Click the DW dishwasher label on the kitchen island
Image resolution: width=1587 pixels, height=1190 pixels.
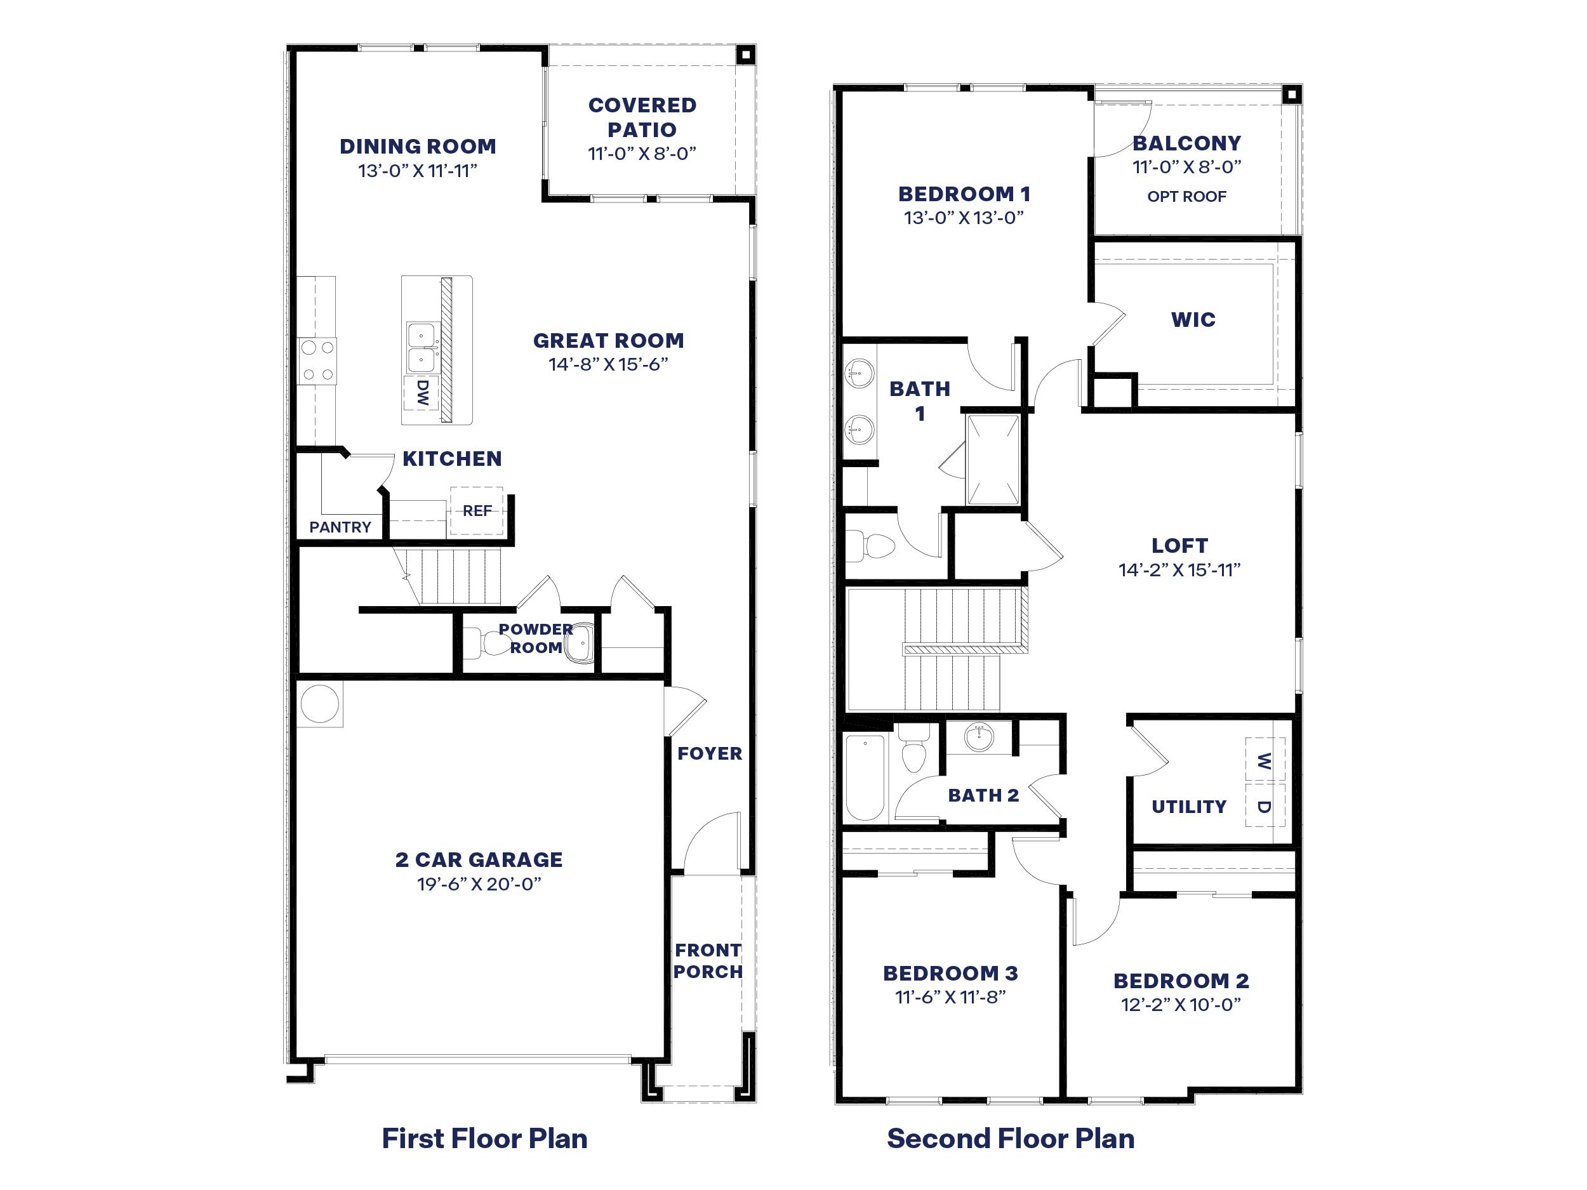pos(422,392)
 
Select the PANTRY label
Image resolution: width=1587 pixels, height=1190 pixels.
pos(340,527)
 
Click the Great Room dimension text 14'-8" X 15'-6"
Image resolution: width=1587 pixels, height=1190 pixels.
pos(608,364)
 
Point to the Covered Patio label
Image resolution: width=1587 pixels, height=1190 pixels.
pos(642,117)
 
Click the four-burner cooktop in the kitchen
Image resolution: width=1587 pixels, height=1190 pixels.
pos(318,360)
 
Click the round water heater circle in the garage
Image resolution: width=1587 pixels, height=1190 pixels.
pos(319,704)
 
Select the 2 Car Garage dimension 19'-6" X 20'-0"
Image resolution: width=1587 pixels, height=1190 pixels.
pos(479,883)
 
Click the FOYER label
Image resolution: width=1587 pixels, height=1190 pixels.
pos(710,753)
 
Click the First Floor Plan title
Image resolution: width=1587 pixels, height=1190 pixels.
pos(484,1139)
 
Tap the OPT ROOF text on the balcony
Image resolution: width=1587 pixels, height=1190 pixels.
pos(1186,197)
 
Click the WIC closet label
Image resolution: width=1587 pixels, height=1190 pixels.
pos(1193,319)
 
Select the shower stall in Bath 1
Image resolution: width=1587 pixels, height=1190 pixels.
pos(993,459)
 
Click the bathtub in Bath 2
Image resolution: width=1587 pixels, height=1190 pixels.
pos(865,777)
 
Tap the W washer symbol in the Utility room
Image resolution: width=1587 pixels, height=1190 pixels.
pos(1264,760)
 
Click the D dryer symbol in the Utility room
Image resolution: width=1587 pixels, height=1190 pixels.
pos(1264,806)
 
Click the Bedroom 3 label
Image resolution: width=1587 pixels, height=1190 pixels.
pos(950,974)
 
